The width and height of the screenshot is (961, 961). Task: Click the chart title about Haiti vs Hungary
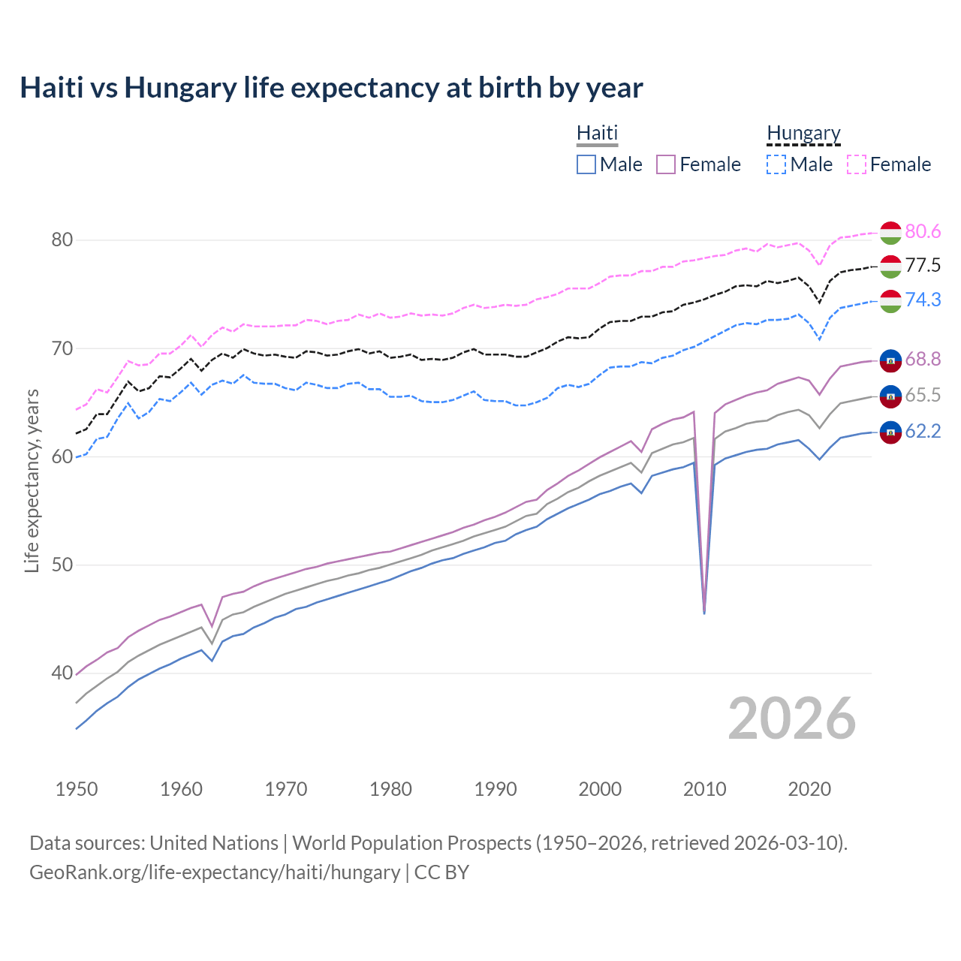[x=331, y=88]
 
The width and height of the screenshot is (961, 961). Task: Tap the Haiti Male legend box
[x=586, y=164]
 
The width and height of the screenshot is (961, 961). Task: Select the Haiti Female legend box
[x=666, y=164]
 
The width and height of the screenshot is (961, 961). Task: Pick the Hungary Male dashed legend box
[x=776, y=164]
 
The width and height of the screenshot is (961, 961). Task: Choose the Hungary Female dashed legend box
[x=857, y=164]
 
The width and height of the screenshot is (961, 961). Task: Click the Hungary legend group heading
[x=803, y=134]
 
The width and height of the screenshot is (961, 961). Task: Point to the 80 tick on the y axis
[x=62, y=240]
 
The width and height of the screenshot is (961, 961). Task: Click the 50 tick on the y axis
[x=62, y=565]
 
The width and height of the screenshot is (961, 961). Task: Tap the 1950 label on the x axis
[x=77, y=789]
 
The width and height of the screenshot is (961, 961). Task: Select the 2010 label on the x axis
[x=704, y=789]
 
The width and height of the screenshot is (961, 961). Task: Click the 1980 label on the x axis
[x=390, y=789]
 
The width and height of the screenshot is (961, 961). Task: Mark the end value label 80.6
[x=923, y=232]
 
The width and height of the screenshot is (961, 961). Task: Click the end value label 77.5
[x=923, y=266]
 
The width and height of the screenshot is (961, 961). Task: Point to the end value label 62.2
[x=923, y=432]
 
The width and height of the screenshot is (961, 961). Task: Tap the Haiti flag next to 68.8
[x=890, y=360]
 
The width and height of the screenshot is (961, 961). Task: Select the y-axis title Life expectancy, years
[x=32, y=480]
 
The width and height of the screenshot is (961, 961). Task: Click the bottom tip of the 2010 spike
[x=704, y=613]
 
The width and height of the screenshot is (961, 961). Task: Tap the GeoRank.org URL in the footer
[x=215, y=872]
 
